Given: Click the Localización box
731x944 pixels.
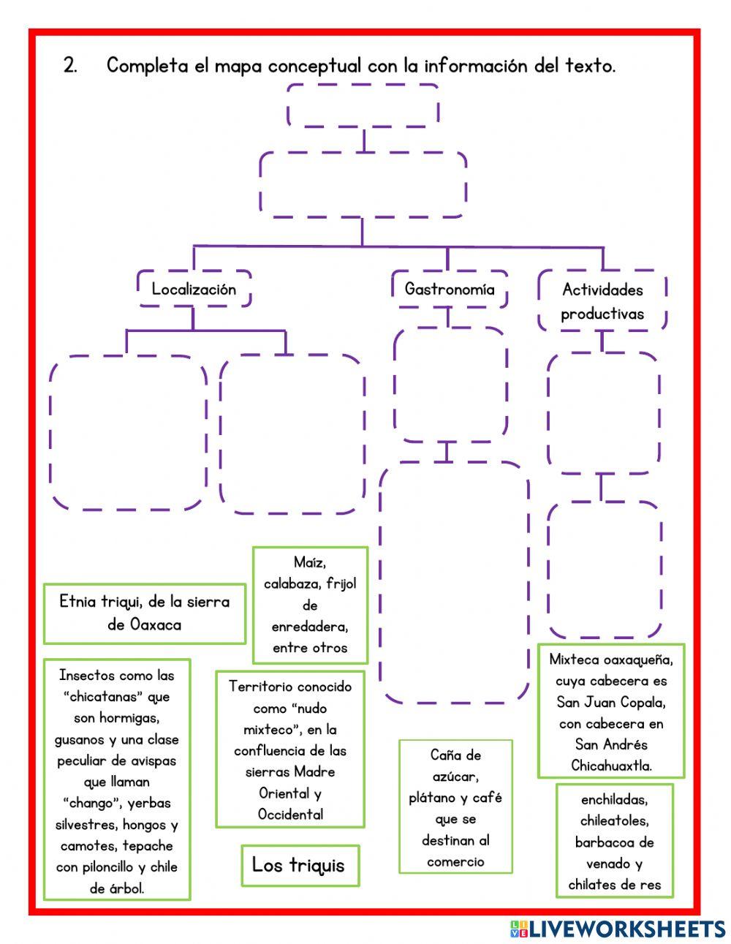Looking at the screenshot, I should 194,289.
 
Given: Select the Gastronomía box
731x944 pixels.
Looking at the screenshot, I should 449,289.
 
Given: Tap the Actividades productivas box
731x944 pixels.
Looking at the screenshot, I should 602,301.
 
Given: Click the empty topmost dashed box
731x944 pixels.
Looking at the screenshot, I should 363,105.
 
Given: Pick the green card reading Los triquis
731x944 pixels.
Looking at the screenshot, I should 300,865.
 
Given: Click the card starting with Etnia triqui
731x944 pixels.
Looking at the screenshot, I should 144,613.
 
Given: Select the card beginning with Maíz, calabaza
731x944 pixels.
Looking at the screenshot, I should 310,605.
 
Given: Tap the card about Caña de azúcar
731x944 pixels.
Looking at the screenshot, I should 455,807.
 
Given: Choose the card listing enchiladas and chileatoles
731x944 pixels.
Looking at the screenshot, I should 614,841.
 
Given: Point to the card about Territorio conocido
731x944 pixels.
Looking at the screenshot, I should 290,749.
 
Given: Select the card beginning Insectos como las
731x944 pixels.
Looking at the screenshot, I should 117,780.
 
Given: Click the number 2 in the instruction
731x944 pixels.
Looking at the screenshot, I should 70,66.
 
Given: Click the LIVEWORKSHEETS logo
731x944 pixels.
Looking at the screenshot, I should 618,929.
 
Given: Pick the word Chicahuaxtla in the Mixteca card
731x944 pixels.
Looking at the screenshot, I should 611,766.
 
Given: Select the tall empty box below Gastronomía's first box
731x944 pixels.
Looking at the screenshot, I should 454,582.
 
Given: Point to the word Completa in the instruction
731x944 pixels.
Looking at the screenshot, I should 148,66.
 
